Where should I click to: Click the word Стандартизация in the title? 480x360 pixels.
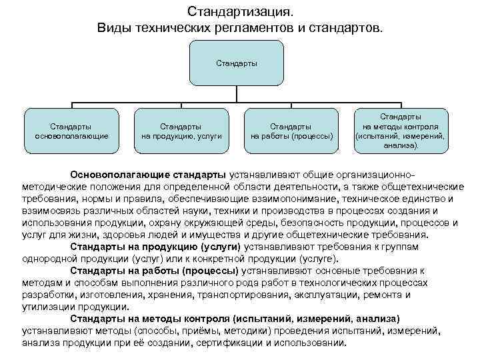point(239,12)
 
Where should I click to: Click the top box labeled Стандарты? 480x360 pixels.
point(236,63)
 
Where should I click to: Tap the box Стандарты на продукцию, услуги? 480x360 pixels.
point(181,131)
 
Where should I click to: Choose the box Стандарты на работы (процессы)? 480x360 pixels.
point(291,131)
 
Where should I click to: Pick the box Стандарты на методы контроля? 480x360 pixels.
point(400,131)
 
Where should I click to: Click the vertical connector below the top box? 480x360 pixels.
point(236,95)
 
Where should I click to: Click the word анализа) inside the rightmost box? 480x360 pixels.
point(401,145)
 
